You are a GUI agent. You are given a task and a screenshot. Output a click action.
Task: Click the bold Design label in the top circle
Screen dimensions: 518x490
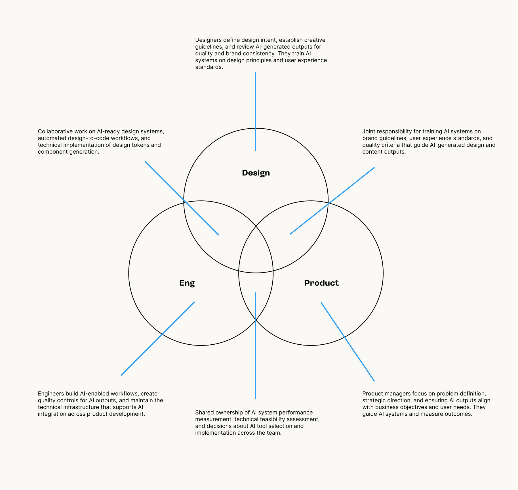[256, 173]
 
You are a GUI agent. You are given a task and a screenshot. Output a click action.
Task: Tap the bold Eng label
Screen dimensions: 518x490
[187, 283]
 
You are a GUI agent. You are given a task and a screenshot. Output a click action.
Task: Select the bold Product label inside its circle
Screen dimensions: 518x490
[321, 283]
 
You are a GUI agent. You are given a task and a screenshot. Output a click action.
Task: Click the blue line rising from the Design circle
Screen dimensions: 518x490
[256, 111]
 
